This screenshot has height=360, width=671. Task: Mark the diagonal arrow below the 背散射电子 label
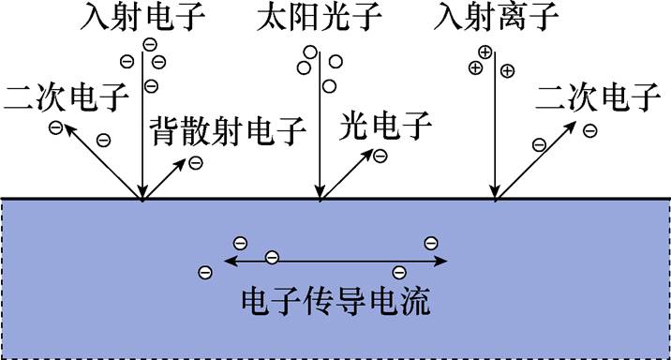(x=164, y=180)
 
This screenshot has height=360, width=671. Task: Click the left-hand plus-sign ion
(x=475, y=68)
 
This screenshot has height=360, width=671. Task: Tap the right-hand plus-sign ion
(x=507, y=70)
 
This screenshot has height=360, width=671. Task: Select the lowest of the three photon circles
(x=329, y=86)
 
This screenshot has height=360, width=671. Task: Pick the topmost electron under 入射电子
(x=149, y=44)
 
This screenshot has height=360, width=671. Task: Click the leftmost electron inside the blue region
(x=205, y=272)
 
